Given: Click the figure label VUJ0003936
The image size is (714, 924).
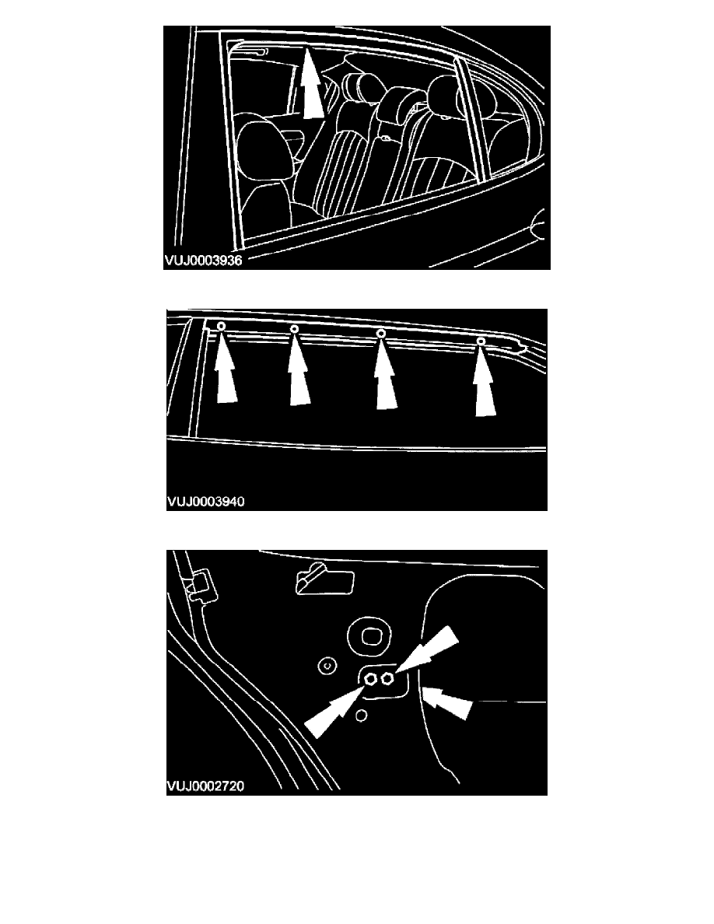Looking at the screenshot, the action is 203,260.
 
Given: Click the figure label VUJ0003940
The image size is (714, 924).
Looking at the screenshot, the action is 205,502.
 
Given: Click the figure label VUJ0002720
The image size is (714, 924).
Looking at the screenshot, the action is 205,786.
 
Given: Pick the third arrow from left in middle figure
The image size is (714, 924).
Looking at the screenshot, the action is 386,373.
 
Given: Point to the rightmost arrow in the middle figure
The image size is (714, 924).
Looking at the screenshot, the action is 485,380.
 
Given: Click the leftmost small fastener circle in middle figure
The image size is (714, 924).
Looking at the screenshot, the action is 222,326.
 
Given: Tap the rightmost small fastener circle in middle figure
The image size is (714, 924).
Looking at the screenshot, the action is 481,341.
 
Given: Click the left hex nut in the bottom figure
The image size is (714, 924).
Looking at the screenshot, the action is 371,678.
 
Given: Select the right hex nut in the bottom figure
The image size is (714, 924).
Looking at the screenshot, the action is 387,679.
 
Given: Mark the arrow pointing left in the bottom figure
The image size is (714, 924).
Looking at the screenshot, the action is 448,702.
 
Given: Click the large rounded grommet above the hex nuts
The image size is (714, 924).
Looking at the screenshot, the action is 370,636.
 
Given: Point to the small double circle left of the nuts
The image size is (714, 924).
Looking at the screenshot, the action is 327,667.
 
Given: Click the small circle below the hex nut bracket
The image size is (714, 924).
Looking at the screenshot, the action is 362,716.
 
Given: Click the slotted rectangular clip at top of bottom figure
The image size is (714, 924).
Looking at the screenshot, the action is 324,579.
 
